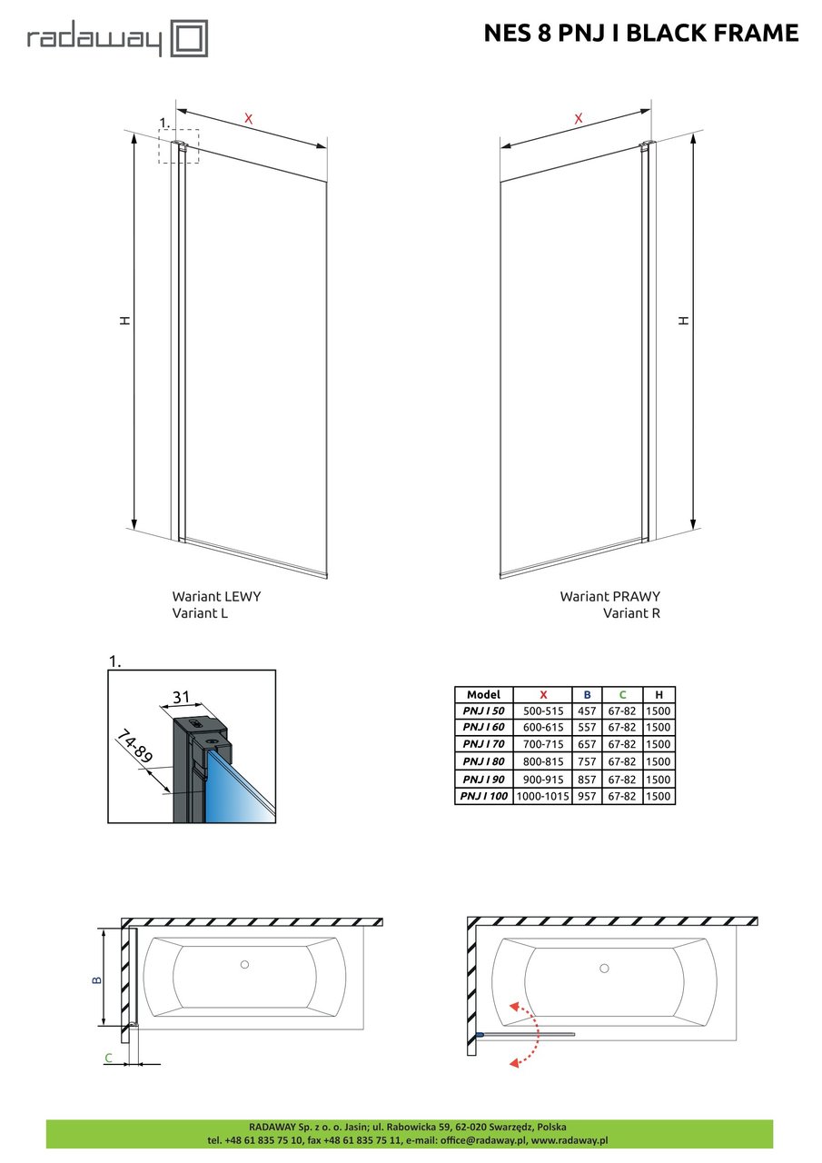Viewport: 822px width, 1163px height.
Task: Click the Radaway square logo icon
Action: tap(191, 40)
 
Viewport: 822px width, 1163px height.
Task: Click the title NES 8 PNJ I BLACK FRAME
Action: tap(640, 34)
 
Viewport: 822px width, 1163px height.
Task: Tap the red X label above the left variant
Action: tap(248, 117)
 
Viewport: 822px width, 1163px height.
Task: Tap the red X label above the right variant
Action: tap(578, 118)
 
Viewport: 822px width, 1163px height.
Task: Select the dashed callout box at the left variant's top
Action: tap(178, 145)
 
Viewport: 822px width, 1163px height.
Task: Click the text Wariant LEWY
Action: tap(216, 597)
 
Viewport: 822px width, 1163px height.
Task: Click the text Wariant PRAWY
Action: tap(609, 597)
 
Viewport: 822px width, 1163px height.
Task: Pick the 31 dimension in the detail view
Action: tap(182, 698)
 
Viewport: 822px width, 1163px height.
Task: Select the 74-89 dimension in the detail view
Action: tap(134, 748)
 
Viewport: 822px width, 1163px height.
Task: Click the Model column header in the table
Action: tap(483, 694)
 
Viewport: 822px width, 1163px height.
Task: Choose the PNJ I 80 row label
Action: tap(483, 762)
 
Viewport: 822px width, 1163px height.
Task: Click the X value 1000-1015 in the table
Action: tap(542, 797)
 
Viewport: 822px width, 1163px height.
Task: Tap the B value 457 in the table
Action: tap(587, 711)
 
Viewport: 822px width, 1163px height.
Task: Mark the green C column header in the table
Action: tap(622, 694)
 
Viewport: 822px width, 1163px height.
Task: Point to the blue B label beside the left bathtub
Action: tap(97, 979)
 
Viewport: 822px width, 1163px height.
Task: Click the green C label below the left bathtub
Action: tap(109, 1058)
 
